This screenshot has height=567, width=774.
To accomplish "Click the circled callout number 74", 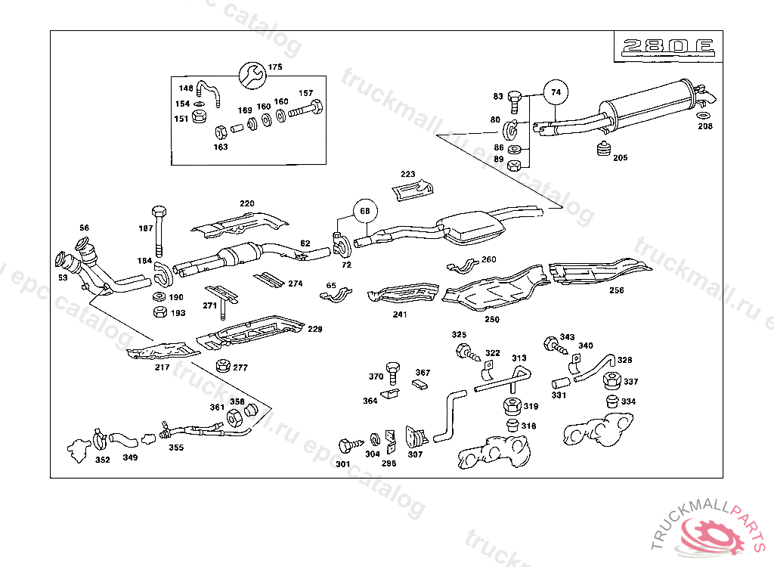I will click(x=556, y=92).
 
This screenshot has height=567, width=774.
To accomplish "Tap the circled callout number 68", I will click(x=364, y=210).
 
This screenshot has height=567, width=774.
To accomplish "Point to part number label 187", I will click(x=145, y=228).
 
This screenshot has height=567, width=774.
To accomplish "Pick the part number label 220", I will click(x=247, y=203).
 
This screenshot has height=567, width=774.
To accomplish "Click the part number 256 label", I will click(x=617, y=290).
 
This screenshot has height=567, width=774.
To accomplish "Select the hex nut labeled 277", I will click(x=223, y=366).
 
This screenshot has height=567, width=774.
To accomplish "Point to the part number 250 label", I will click(x=492, y=319).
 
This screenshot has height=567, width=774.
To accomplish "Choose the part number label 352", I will click(x=103, y=459).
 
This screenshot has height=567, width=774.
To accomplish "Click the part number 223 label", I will click(x=408, y=174).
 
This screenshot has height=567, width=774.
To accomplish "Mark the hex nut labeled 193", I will click(x=159, y=311).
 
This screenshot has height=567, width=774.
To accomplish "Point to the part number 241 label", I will click(x=400, y=314).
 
